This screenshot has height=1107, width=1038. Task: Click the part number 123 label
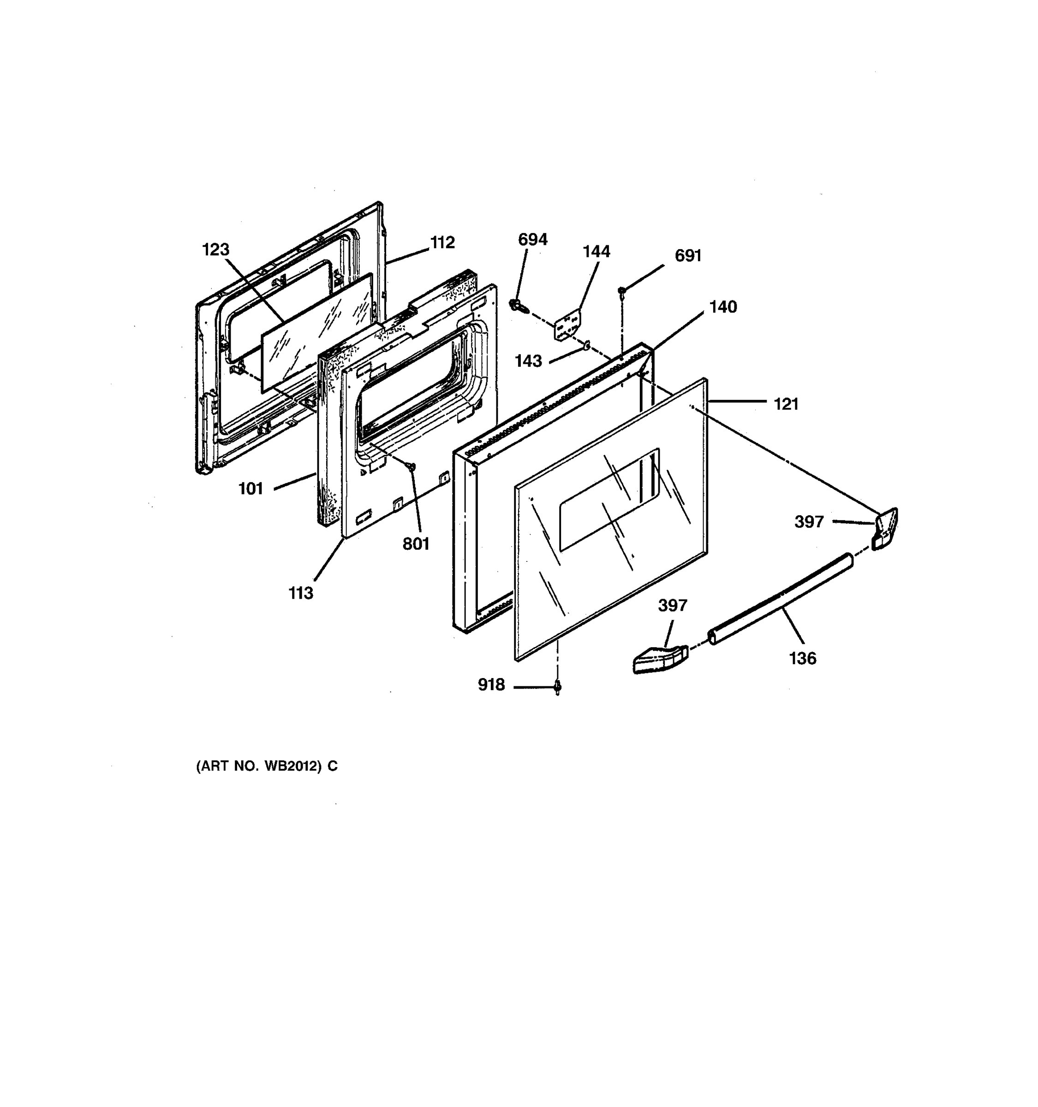point(215,250)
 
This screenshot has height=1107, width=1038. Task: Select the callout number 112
point(443,242)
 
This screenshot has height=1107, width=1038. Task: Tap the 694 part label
point(532,239)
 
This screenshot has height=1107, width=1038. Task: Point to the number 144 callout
point(597,252)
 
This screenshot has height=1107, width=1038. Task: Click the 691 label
point(688,256)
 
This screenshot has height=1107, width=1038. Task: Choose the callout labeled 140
point(723,307)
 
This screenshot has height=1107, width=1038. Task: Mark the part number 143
point(528,362)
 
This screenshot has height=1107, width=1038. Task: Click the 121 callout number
point(786,404)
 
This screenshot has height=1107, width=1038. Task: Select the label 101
point(251,489)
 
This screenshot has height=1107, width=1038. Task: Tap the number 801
point(416,544)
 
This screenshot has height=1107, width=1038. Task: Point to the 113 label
point(301,594)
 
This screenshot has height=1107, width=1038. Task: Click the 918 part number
point(491,685)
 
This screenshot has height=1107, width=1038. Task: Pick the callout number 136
point(802,659)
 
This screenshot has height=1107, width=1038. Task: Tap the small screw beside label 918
point(557,688)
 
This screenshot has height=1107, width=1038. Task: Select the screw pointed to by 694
point(516,304)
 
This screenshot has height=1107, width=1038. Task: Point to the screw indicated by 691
point(622,291)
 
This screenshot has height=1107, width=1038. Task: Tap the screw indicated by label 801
point(412,465)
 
